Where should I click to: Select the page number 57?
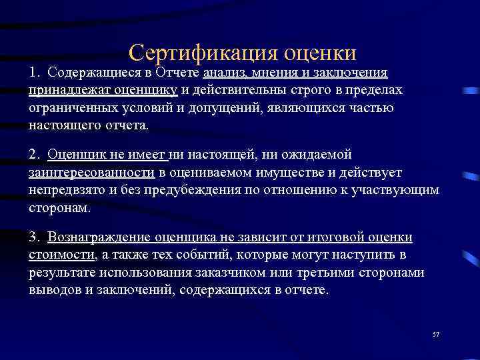click(435, 333)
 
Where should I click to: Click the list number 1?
click(33, 72)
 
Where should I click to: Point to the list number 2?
click(34, 155)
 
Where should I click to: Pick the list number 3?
click(34, 238)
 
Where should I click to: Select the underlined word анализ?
click(225, 72)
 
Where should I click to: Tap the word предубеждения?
click(188, 190)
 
